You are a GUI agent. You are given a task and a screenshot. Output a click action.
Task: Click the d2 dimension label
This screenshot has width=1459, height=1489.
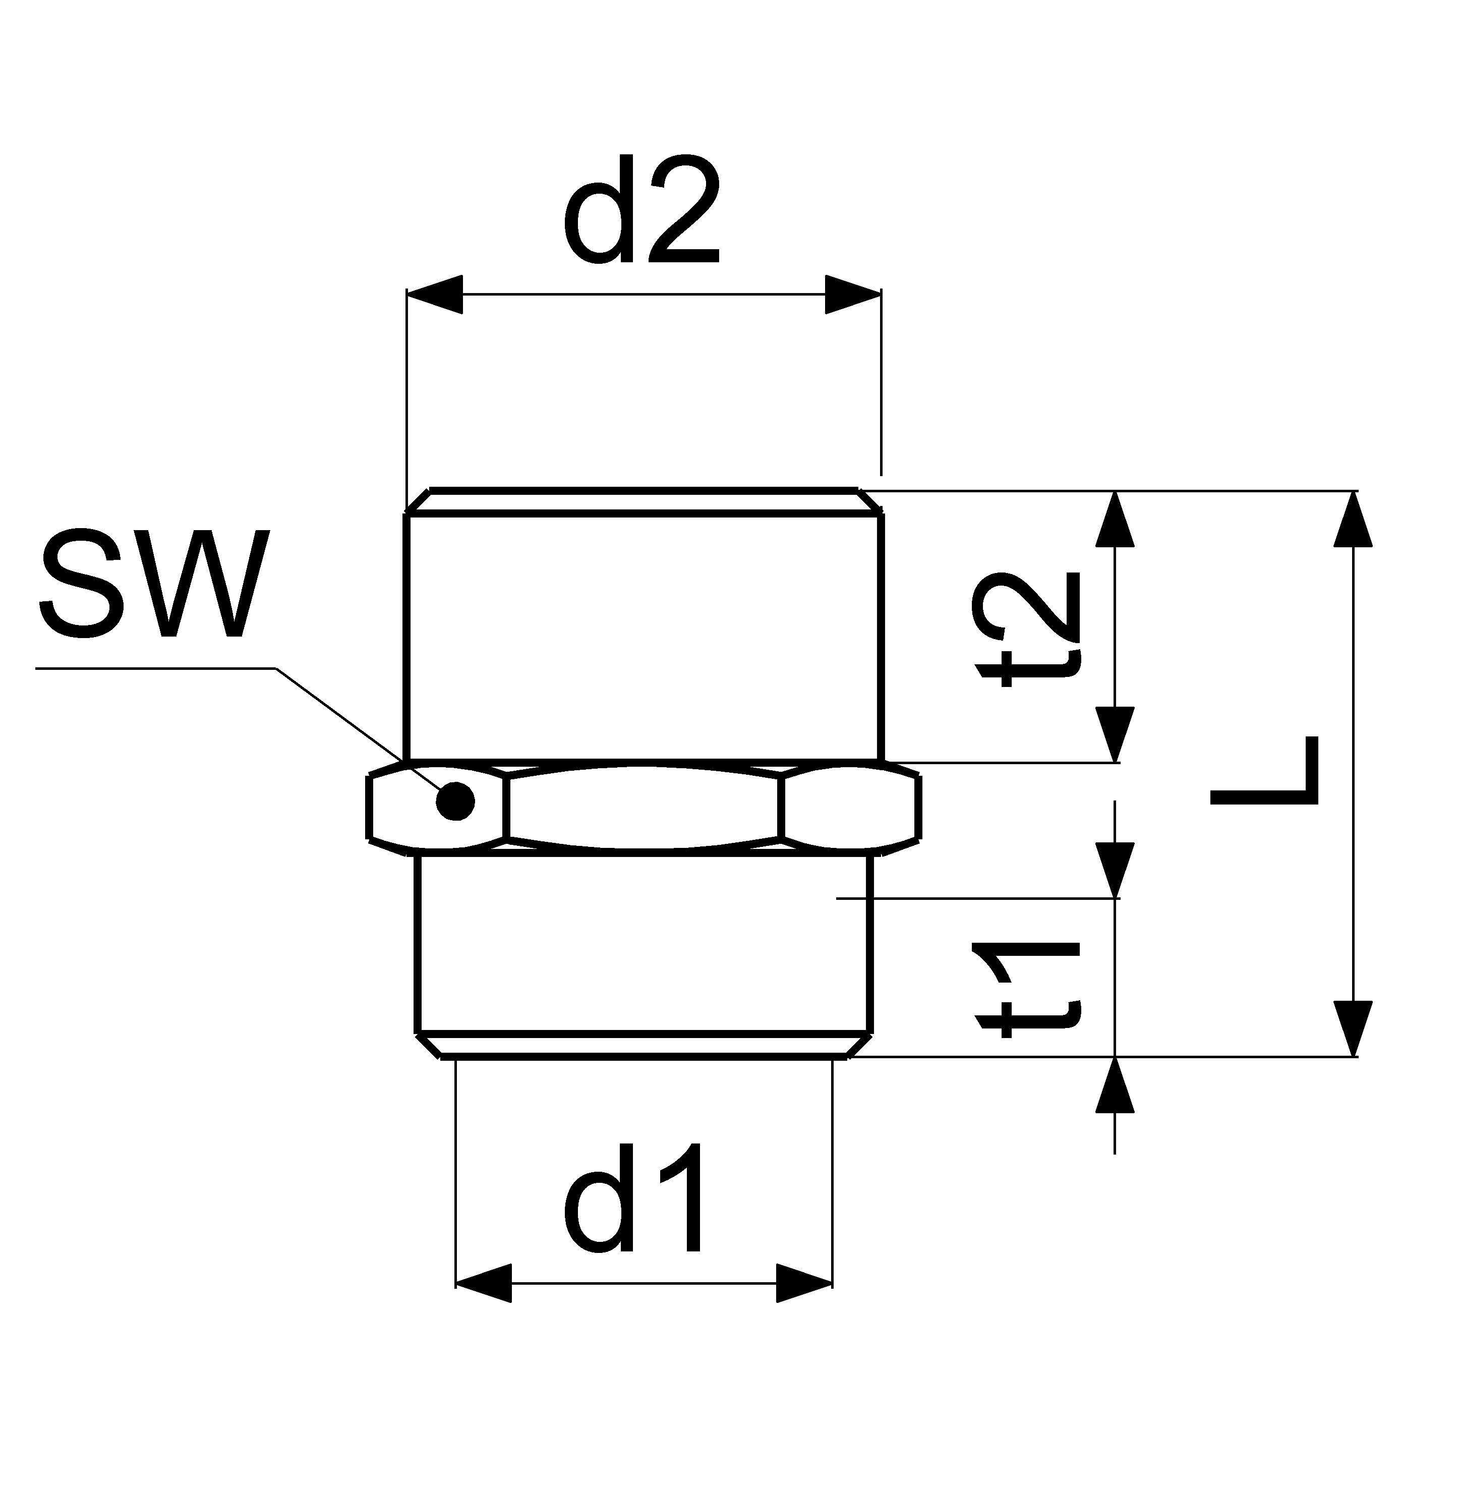coord(642,211)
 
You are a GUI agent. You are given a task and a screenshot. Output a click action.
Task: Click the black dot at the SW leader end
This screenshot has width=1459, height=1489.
coord(455,801)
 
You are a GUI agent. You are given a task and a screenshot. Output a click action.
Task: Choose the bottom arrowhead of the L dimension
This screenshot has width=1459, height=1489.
coord(1353,1028)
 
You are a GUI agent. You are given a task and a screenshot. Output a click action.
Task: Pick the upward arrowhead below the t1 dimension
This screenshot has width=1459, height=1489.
coord(1114,1085)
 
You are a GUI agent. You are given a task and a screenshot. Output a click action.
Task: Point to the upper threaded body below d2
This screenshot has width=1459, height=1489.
coord(644,636)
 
